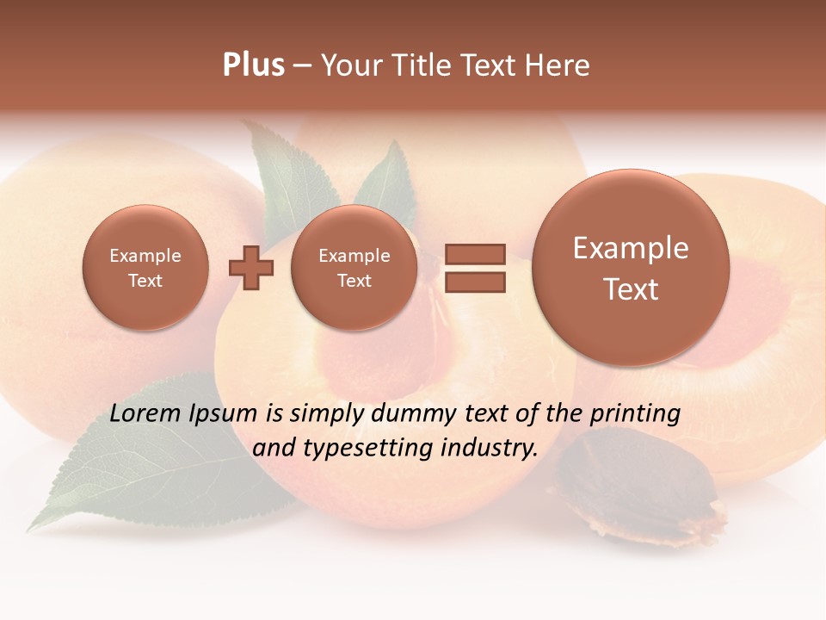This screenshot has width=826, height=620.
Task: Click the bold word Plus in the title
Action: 253,65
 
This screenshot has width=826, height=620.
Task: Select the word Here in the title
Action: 558,65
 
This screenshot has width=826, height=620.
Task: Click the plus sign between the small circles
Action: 250,268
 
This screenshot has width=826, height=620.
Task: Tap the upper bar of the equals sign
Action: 474,255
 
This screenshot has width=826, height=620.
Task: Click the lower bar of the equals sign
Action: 474,282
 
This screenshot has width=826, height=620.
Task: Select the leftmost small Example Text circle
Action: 145,268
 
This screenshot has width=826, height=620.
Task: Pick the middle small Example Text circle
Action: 354,268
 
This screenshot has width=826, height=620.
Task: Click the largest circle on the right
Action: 631,268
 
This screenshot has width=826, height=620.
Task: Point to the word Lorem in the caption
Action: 145,413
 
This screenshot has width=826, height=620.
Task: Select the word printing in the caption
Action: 634,414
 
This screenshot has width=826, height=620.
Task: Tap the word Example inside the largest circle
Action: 631,248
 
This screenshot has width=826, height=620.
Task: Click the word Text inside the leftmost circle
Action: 145,281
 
